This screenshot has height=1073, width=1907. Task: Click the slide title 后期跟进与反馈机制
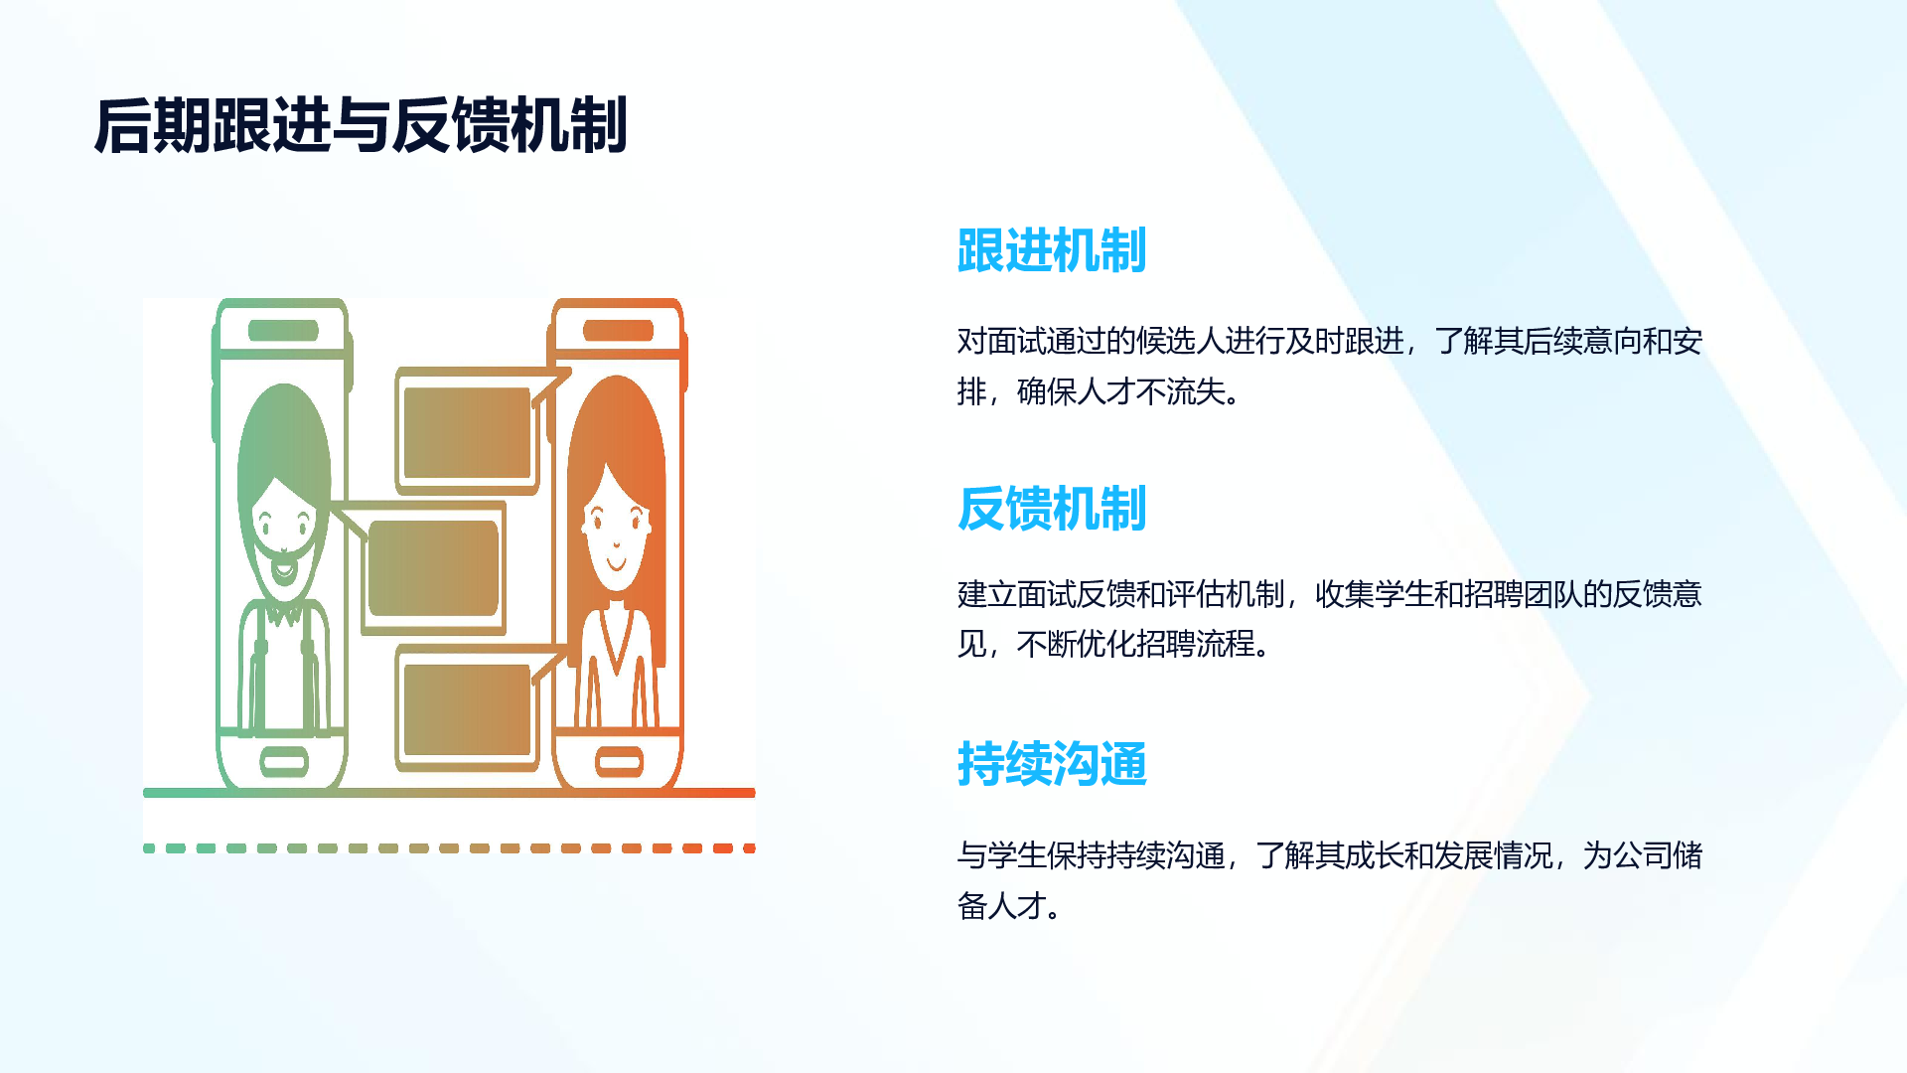361,126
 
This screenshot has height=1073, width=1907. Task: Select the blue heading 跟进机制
1052,250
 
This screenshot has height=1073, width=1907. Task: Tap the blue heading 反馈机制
1052,509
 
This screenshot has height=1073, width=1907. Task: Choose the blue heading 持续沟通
1052,764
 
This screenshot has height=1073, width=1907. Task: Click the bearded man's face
283,527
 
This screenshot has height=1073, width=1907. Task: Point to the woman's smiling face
617,536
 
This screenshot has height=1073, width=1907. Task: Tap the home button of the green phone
284,762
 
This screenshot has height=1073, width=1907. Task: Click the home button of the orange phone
619,763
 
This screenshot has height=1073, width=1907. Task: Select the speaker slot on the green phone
283,331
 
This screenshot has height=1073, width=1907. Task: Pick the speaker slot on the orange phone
618,331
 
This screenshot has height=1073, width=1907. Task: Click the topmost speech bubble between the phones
468,431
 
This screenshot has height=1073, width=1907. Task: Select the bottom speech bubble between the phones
468,707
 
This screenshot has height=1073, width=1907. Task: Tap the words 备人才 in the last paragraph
1002,906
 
